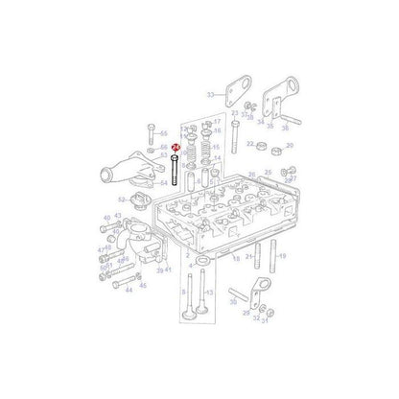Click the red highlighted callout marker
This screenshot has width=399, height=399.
tap(175, 147)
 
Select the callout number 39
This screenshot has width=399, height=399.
tap(160, 270)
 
